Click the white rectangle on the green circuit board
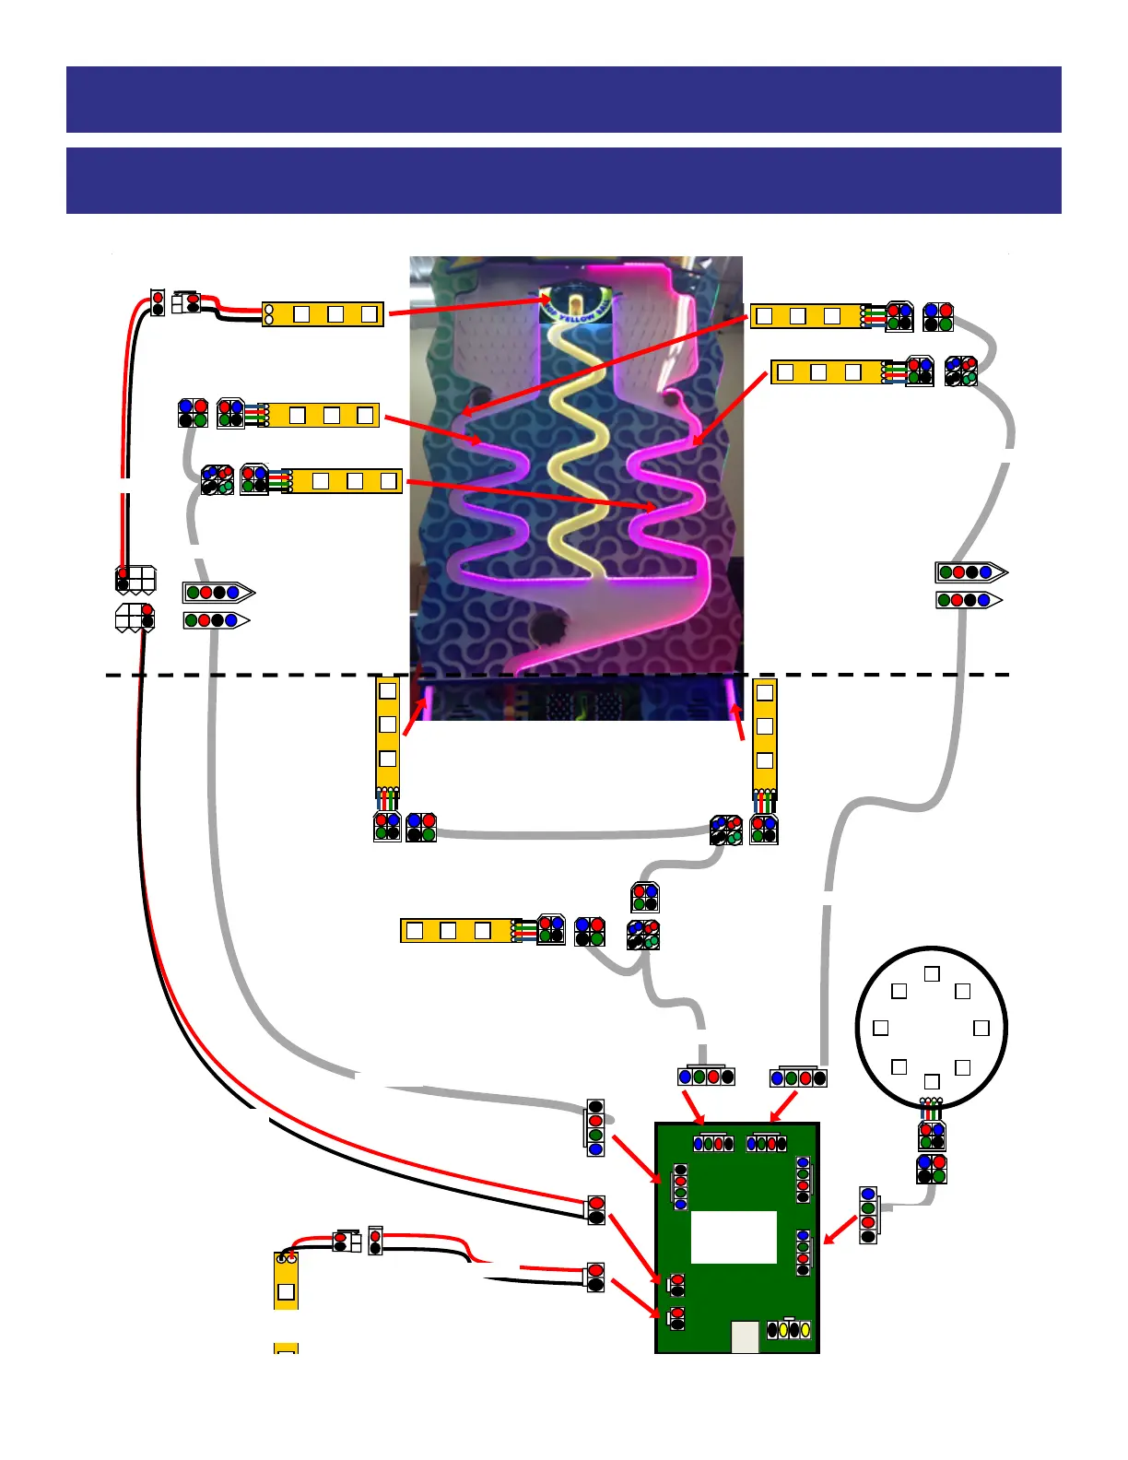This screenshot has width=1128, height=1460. (734, 1237)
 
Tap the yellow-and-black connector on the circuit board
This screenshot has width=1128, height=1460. (789, 1330)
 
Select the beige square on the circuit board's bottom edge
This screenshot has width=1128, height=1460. (745, 1336)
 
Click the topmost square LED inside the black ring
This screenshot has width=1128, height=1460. (932, 973)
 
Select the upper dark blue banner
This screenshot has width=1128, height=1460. (563, 100)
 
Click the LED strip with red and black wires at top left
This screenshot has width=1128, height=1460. (323, 314)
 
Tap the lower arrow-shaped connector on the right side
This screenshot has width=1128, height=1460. (969, 600)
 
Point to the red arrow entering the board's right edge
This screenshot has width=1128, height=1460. (840, 1230)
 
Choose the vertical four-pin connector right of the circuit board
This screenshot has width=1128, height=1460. (868, 1215)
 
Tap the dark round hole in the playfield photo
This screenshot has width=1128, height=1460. (549, 629)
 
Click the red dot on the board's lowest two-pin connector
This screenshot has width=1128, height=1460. (677, 1313)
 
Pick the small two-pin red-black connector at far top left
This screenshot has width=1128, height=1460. (158, 302)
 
